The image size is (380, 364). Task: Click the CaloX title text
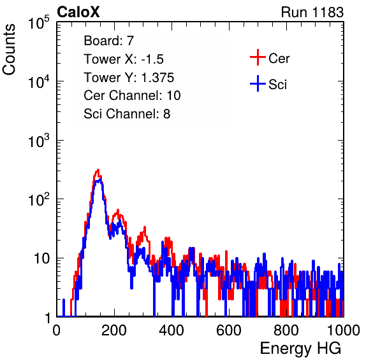tap(78, 12)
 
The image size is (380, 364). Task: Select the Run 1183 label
tap(312, 12)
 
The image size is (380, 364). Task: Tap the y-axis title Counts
tap(9, 50)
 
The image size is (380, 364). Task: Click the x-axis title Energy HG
tap(300, 349)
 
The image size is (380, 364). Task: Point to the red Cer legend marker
tap(258, 57)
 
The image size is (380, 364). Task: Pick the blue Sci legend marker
tap(258, 83)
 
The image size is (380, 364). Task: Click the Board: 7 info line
tap(109, 41)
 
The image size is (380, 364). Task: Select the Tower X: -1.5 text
tap(124, 59)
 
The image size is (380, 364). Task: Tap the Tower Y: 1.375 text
tap(129, 78)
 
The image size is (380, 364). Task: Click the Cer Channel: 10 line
tap(132, 95)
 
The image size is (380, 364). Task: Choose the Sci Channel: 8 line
tap(127, 114)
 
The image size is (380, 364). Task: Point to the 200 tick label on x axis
tap(114, 330)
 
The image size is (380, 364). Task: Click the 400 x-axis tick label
tap(172, 330)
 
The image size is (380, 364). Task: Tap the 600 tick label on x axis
tap(229, 330)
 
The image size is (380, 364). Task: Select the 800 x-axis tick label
tap(286, 330)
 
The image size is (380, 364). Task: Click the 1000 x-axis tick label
tap(344, 330)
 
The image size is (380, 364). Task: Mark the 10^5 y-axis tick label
tap(39, 23)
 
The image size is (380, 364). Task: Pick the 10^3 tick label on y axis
tap(39, 141)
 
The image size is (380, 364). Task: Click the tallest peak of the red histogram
tap(98, 170)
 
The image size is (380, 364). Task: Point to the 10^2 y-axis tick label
tap(39, 199)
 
